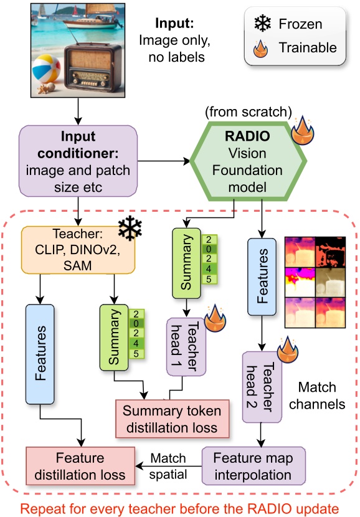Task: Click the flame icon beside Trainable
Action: click(263, 47)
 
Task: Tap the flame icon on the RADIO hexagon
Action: click(303, 131)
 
